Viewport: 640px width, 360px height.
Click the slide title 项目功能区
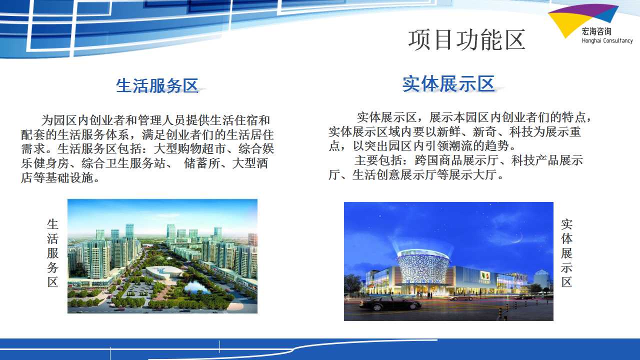(466, 40)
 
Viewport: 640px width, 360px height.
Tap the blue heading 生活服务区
(157, 85)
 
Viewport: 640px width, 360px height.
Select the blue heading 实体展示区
(448, 84)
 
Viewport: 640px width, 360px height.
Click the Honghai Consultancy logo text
(607, 41)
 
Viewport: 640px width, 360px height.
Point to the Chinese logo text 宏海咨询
(596, 31)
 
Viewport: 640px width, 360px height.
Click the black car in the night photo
(390, 303)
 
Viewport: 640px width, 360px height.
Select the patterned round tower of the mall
(422, 267)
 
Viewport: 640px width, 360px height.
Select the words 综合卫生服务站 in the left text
(123, 163)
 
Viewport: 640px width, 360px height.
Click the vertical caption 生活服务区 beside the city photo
(53, 253)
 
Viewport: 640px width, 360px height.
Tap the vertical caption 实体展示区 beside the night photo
(566, 253)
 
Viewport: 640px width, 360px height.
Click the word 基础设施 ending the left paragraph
(69, 177)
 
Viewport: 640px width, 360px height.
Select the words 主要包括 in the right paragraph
(378, 160)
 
